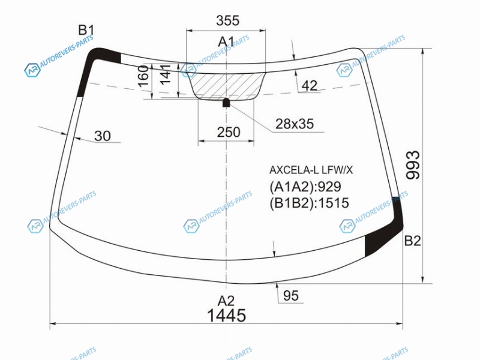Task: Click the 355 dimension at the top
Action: click(x=227, y=21)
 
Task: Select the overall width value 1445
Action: click(x=227, y=316)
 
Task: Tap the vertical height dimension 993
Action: click(x=413, y=164)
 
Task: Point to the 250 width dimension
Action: click(x=229, y=132)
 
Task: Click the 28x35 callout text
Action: click(x=295, y=124)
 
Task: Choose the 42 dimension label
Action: click(x=310, y=86)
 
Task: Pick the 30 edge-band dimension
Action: click(x=103, y=136)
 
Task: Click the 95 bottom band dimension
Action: click(x=291, y=296)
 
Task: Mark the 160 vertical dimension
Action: click(x=143, y=76)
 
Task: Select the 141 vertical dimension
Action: click(x=166, y=74)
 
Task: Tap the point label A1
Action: click(x=226, y=42)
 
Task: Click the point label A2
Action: click(x=226, y=301)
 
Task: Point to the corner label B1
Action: click(x=86, y=31)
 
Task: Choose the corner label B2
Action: click(x=413, y=241)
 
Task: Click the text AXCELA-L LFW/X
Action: click(x=311, y=170)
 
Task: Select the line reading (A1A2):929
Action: click(x=305, y=187)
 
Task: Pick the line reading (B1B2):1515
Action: click(x=309, y=203)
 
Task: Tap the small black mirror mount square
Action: click(x=226, y=103)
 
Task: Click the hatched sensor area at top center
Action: click(x=227, y=86)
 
